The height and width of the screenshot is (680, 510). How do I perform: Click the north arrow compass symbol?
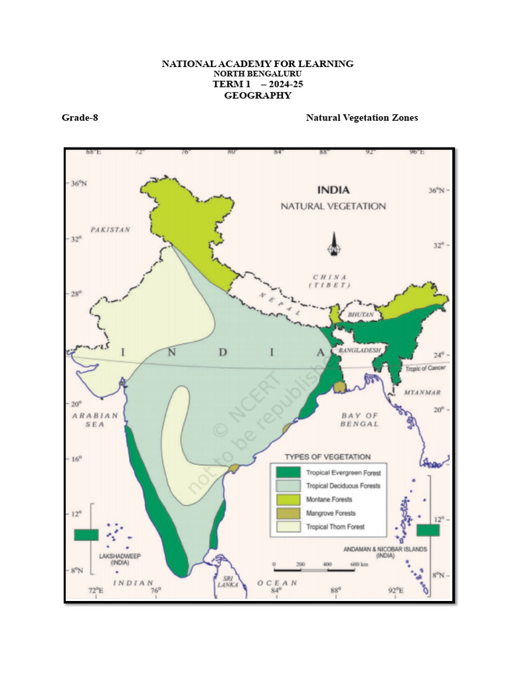(332, 244)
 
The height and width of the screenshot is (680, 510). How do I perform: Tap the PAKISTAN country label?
(111, 229)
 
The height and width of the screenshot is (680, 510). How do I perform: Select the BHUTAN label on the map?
(361, 313)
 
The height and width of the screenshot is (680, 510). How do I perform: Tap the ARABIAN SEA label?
(94, 419)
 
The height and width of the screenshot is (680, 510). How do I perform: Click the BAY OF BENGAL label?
(359, 420)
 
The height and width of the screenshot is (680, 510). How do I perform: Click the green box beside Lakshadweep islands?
(86, 535)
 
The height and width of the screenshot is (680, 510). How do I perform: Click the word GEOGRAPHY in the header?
(258, 96)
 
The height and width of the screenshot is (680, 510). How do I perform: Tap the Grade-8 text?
(80, 118)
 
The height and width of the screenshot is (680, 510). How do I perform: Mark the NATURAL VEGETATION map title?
(333, 206)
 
